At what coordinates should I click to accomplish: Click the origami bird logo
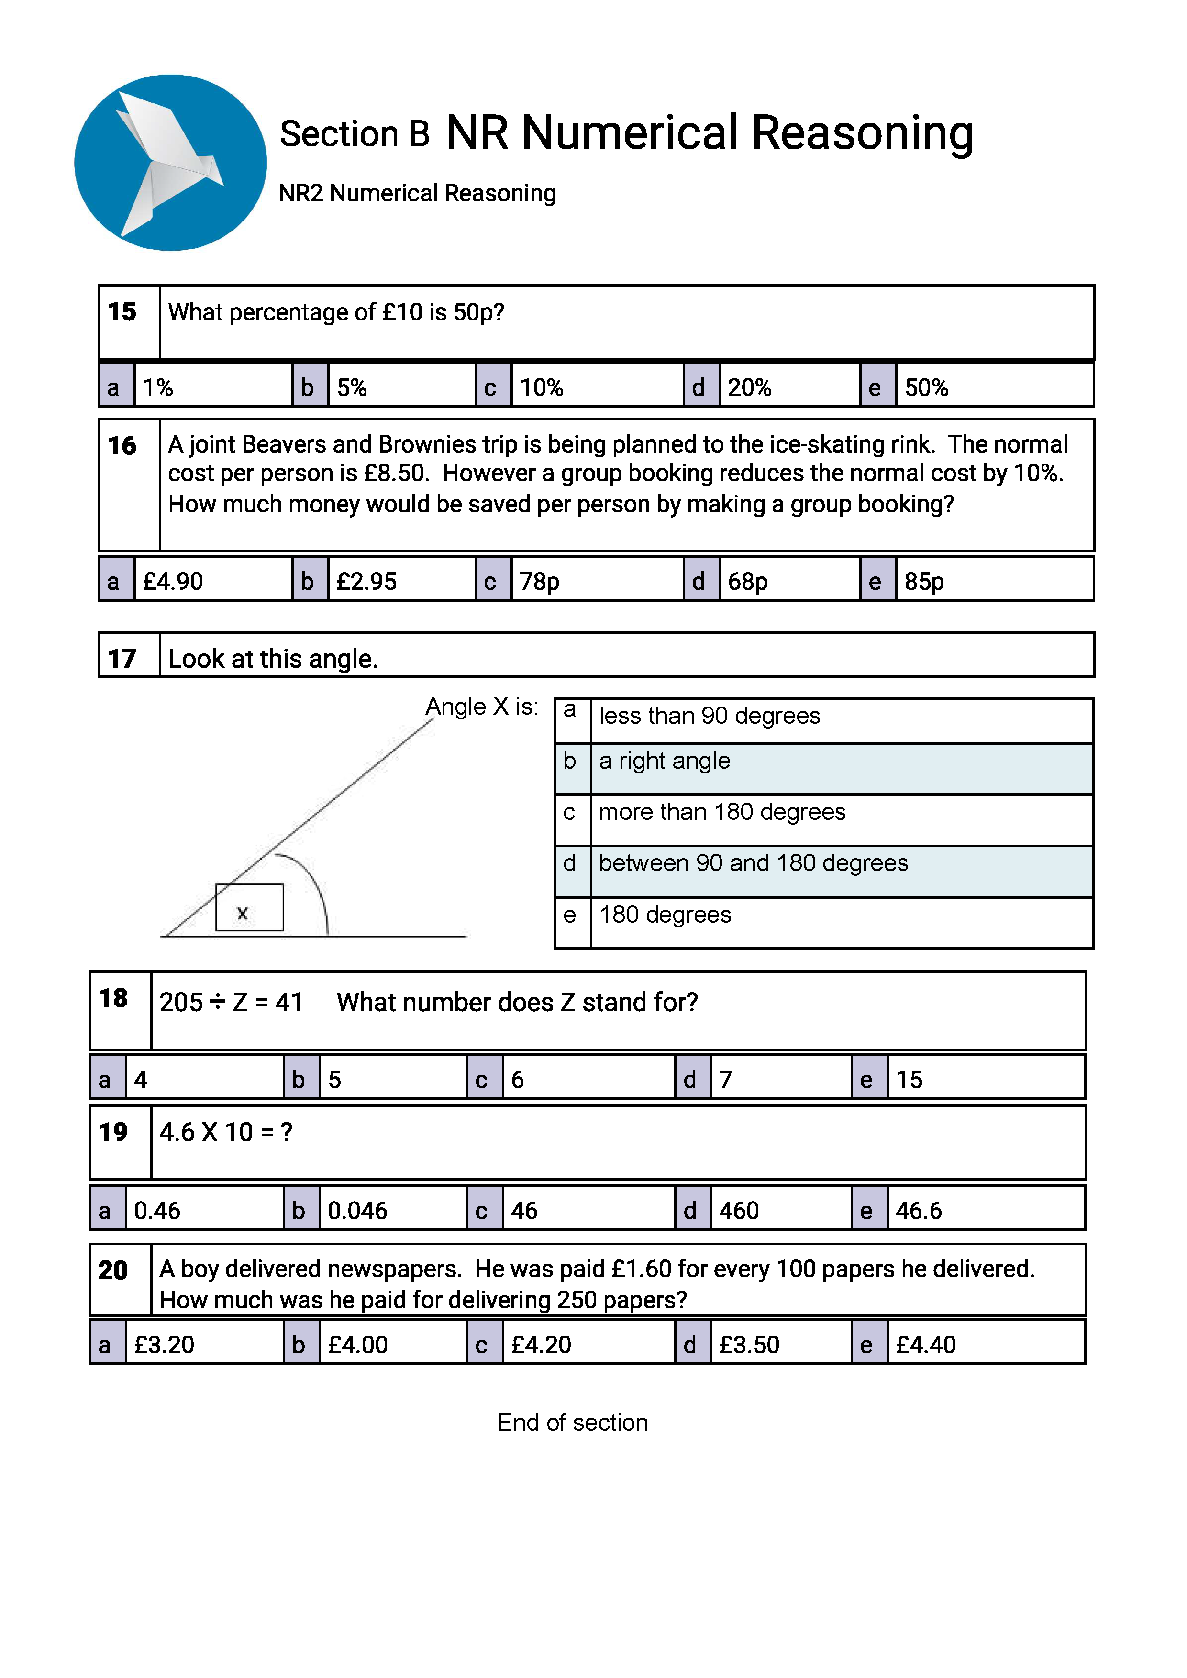[x=170, y=162]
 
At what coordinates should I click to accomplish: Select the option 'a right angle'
[x=665, y=761]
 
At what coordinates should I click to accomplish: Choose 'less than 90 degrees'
[x=709, y=716]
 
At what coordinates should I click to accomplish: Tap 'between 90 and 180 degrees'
[x=753, y=863]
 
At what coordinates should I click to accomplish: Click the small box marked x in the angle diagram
[x=249, y=908]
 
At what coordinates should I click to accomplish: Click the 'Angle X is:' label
[x=482, y=707]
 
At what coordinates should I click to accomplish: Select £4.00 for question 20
[x=357, y=1344]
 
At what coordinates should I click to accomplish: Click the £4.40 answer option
[x=925, y=1344]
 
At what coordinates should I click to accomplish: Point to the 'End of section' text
[x=572, y=1422]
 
